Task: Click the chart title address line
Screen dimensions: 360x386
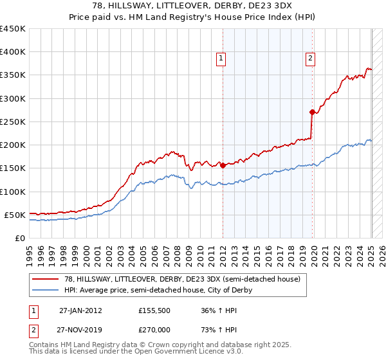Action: pos(192,6)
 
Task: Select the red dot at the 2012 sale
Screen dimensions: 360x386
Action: pos(223,165)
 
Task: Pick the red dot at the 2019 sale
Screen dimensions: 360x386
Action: pos(312,112)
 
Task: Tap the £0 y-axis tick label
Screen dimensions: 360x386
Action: pos(20,238)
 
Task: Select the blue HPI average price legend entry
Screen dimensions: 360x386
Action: pos(158,291)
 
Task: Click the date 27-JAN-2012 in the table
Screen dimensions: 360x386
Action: pos(80,310)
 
